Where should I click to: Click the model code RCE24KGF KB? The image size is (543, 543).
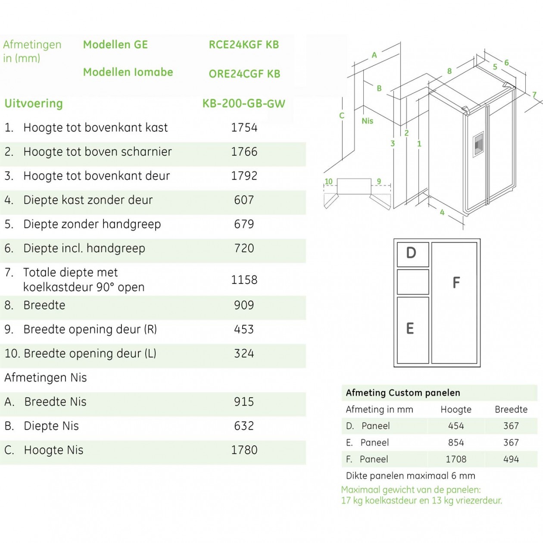244,45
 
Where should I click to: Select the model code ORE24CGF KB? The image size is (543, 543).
244,74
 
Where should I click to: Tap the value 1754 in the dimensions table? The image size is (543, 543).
244,128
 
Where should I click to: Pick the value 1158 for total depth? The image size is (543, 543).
244,280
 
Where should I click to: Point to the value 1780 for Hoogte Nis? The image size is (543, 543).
244,450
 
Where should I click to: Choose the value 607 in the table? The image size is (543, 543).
244,200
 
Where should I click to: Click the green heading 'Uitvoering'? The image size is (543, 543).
34,103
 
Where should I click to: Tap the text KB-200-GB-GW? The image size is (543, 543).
244,103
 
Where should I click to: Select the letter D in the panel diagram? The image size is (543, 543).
411,253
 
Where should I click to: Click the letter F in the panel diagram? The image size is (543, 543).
456,283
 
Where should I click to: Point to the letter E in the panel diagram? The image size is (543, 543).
410,329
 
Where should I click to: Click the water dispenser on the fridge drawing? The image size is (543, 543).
478,144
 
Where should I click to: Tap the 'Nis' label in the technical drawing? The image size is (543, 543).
367,121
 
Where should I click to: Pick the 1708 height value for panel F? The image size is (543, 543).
456,459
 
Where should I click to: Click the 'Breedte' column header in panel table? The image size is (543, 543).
511,409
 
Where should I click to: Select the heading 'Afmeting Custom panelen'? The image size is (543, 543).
403,393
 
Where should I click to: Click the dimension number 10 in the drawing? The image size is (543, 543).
329,181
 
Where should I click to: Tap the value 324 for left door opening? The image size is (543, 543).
244,353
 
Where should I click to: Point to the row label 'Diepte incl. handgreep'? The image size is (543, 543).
84,248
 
